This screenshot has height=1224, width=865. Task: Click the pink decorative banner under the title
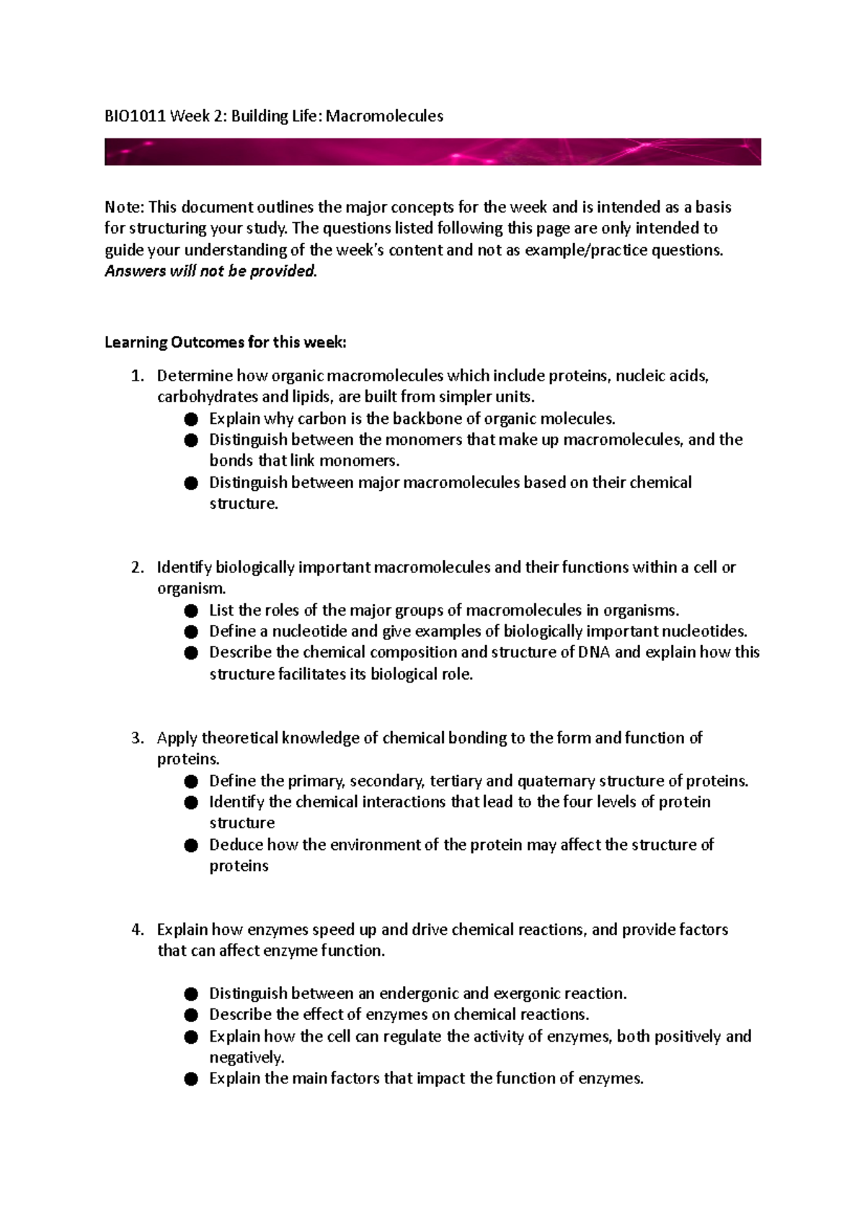[x=432, y=152]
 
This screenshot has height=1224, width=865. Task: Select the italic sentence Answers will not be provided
[x=210, y=272]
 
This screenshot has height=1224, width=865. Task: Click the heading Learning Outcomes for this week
[x=226, y=342]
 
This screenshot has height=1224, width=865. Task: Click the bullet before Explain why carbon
[x=190, y=419]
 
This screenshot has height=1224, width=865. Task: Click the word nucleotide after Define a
[x=308, y=631]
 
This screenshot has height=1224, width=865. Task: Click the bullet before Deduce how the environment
[x=190, y=845]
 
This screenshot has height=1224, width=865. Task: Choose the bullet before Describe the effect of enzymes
[x=190, y=1015]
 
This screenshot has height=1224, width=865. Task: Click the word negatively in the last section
[x=246, y=1058]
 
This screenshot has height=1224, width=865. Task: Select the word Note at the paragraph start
[x=124, y=208]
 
